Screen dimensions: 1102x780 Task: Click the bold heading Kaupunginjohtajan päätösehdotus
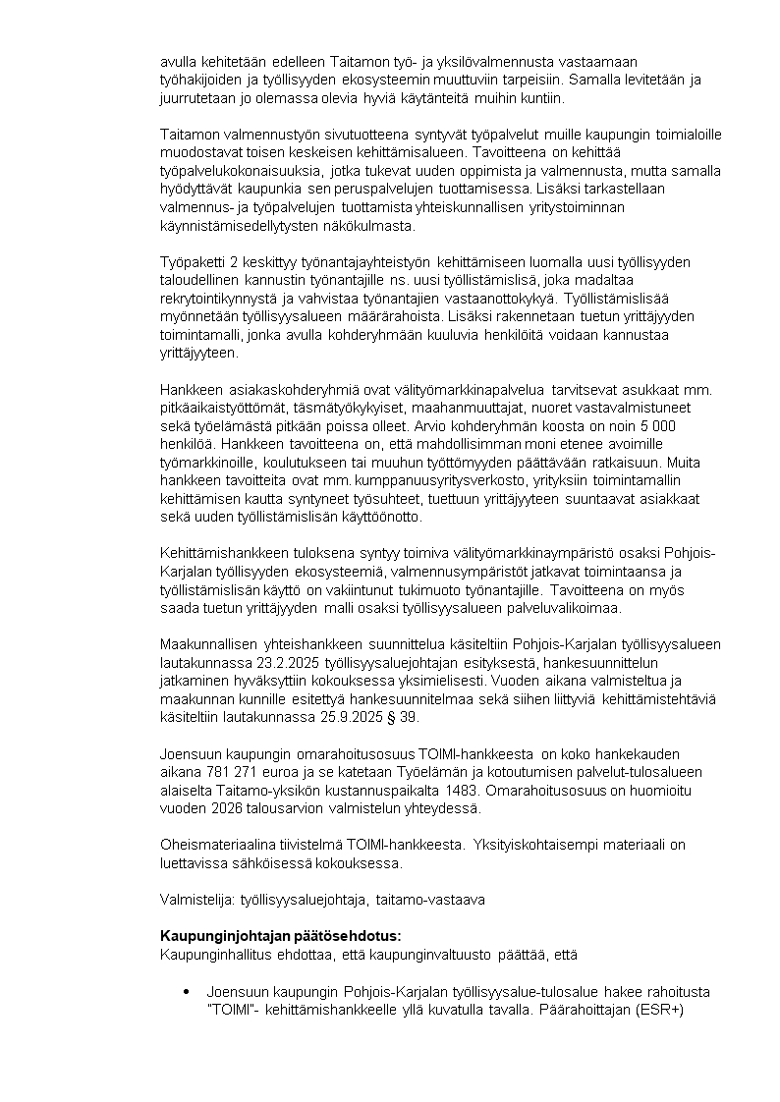(281, 934)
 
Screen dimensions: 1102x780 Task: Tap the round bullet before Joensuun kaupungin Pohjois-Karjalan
(187, 993)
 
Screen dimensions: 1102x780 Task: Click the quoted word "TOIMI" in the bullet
(232, 1009)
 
